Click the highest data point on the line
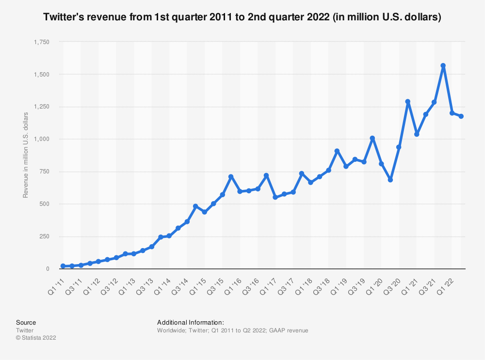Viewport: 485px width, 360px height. pos(443,65)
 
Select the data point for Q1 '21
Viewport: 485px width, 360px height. pos(417,134)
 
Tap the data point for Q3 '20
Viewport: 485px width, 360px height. pos(399,147)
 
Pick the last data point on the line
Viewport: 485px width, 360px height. pos(461,116)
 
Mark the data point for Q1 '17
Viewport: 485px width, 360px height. pos(275,197)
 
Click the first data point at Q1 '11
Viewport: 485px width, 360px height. pos(63,266)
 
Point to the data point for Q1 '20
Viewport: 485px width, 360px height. pos(381,164)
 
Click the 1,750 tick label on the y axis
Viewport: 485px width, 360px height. pos(41,42)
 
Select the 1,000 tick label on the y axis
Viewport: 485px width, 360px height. pos(41,139)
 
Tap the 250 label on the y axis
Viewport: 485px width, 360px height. pos(45,236)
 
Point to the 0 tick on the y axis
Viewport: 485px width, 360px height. pos(48,269)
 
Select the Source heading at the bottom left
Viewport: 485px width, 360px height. pos(26,322)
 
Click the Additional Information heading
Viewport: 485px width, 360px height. pos(190,322)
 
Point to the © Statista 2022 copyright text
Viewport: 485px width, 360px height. pos(36,338)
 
